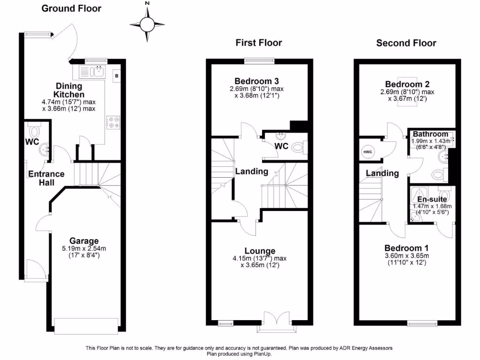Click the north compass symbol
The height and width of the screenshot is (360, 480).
tap(147, 23)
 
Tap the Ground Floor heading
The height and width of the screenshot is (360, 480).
tap(71, 8)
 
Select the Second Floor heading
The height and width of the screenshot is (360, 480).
tap(406, 43)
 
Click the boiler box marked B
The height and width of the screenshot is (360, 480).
tap(117, 75)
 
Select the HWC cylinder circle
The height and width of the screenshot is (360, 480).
tap(368, 152)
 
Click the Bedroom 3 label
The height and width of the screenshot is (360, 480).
tap(259, 80)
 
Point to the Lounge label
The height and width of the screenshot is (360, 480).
tap(260, 251)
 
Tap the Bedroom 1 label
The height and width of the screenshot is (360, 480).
tap(406, 248)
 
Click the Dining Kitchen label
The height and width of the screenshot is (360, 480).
tap(69, 90)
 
